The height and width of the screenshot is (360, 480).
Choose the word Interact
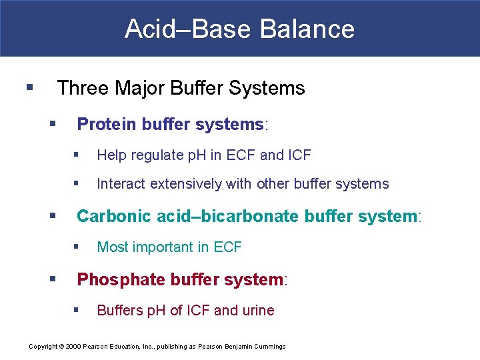[x=121, y=184]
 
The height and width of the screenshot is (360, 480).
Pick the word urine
[x=257, y=311]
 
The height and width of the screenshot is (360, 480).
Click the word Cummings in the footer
[x=268, y=346]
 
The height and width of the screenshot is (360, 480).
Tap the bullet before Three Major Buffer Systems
[x=29, y=87]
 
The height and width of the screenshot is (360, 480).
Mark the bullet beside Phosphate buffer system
[x=53, y=279]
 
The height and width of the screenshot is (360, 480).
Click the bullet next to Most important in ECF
[x=77, y=247]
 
